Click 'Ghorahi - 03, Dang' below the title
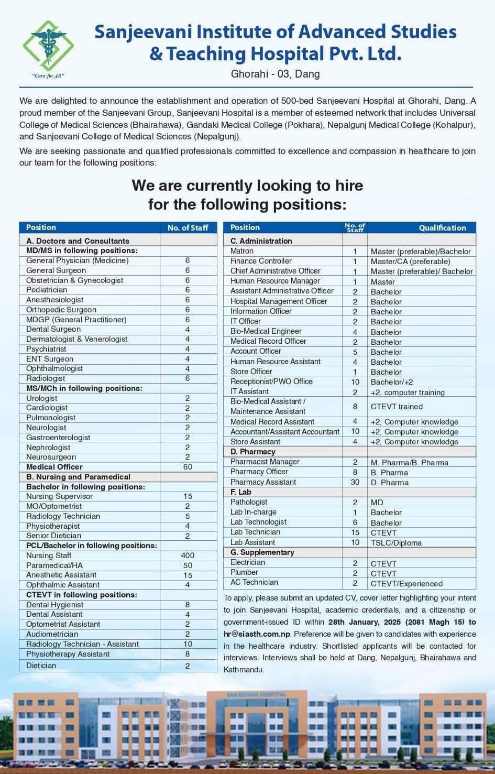275,74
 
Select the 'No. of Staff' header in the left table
188,227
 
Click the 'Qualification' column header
442,227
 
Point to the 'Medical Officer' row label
54,467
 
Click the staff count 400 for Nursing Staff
188,555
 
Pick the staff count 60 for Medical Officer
188,467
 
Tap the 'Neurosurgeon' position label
51,457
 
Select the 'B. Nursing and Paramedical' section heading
78,477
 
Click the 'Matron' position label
242,251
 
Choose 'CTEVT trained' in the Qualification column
397,406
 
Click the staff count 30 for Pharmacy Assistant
355,482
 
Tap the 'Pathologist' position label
249,502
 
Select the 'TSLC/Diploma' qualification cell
396,543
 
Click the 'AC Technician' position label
254,583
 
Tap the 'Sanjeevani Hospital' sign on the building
256,694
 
